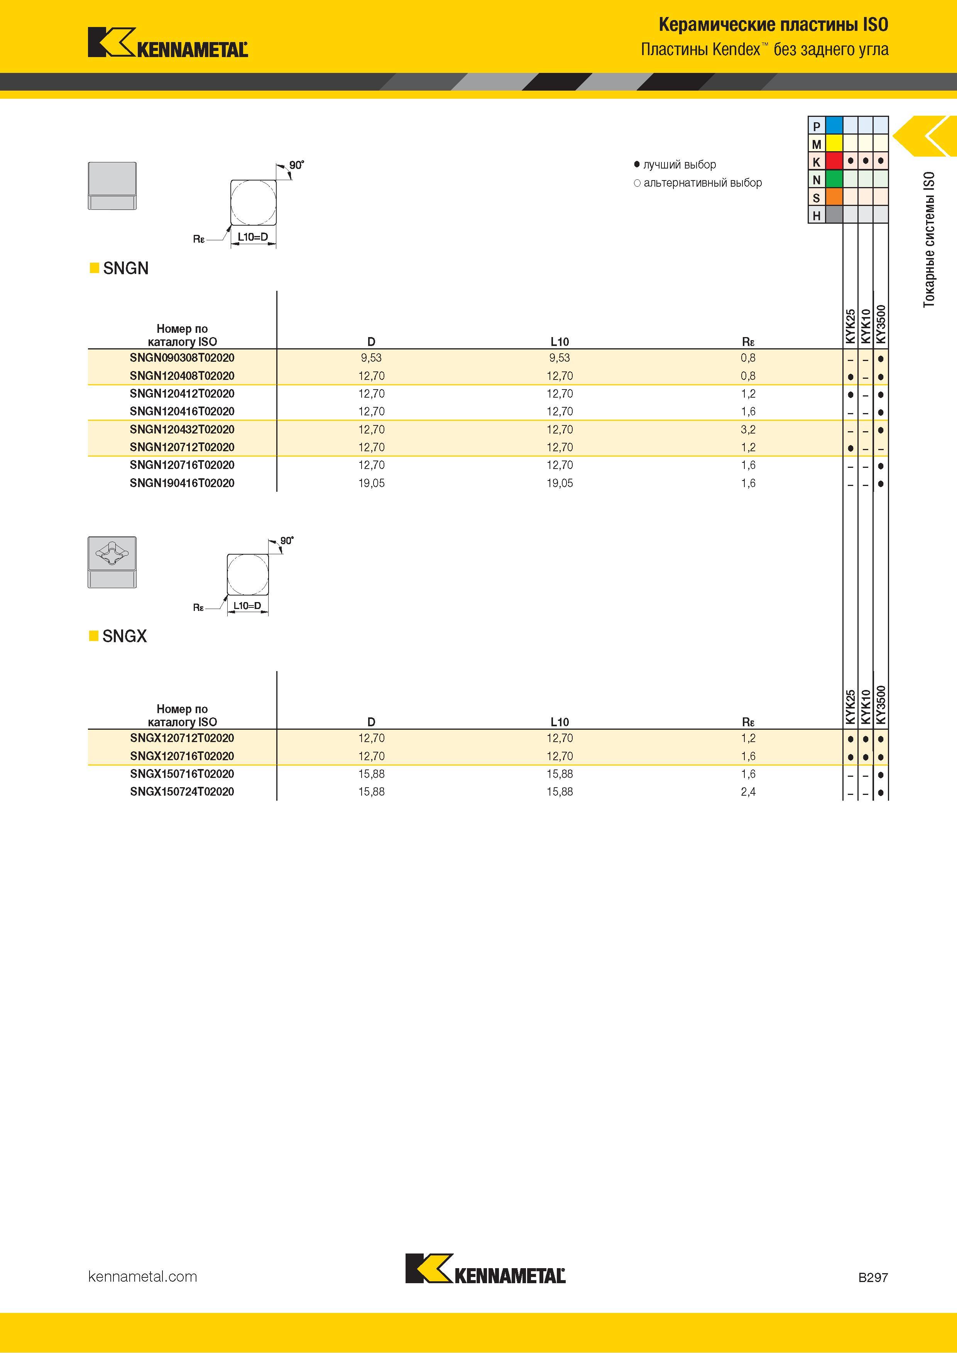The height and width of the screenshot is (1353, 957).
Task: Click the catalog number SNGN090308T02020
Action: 182,358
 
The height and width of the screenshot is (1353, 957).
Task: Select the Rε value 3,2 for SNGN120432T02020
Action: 748,430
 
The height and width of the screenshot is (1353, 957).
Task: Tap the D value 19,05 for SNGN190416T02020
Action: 372,483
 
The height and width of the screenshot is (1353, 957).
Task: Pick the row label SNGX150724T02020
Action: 182,792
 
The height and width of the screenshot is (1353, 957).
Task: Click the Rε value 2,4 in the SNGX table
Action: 748,792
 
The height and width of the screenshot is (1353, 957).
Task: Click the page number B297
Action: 872,1277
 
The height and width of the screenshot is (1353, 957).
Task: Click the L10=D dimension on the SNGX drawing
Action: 247,606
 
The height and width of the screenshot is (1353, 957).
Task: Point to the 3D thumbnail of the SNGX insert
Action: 112,562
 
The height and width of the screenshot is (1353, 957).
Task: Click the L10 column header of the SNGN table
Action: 560,342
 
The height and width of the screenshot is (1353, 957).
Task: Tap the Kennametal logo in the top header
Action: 168,42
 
